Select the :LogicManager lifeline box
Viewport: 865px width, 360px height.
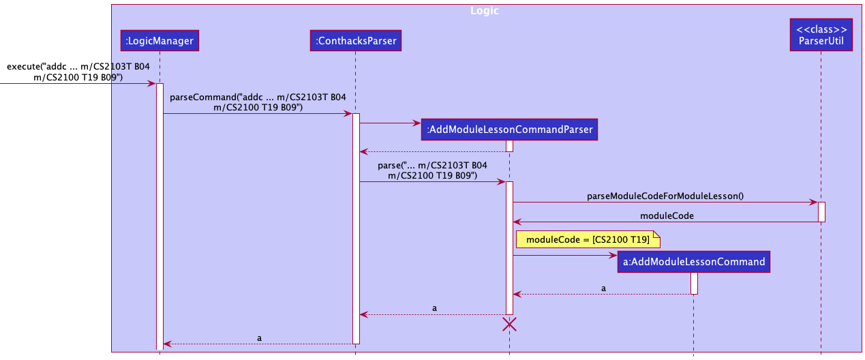pyautogui.click(x=159, y=42)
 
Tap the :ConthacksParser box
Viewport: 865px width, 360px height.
pyautogui.click(x=354, y=42)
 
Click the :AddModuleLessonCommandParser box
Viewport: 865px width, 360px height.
pyautogui.click(x=509, y=129)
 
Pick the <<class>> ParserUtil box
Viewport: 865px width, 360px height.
pyautogui.click(x=821, y=35)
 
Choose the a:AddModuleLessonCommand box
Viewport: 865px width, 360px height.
pyautogui.click(x=693, y=262)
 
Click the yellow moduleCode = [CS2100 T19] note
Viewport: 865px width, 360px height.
pyautogui.click(x=588, y=239)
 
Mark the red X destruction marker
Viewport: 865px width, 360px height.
pyautogui.click(x=509, y=325)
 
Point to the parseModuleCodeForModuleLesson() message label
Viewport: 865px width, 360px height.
pyautogui.click(x=665, y=196)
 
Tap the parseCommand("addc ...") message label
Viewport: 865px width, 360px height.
pyautogui.click(x=258, y=102)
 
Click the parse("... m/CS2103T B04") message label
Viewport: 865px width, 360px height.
pyautogui.click(x=432, y=170)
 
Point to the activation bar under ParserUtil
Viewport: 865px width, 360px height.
pyautogui.click(x=821, y=211)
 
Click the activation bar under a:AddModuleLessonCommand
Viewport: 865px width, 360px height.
pyautogui.click(x=694, y=283)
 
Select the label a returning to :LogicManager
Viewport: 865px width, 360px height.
pyautogui.click(x=259, y=337)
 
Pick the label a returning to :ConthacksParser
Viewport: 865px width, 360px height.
pyautogui.click(x=434, y=308)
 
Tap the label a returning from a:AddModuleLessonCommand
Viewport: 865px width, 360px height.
pyautogui.click(x=603, y=288)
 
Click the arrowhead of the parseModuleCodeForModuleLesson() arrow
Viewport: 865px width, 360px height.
pyautogui.click(x=814, y=202)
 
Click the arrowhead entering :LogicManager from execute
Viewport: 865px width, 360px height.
pyautogui.click(x=152, y=83)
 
